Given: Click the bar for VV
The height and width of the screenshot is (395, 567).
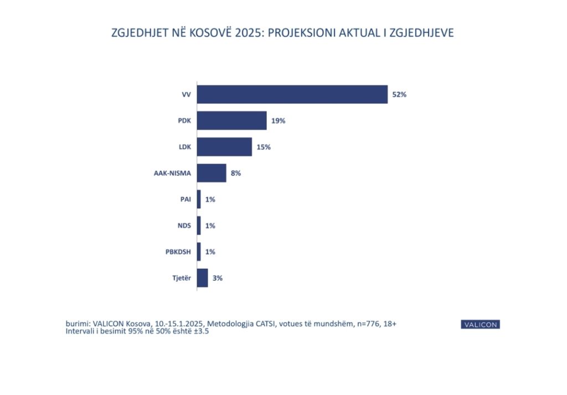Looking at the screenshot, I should (292, 94).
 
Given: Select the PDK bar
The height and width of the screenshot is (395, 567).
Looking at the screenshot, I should (231, 120).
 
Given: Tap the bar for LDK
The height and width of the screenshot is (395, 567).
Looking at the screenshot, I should (224, 147).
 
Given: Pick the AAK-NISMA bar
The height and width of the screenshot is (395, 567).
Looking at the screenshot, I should (212, 173).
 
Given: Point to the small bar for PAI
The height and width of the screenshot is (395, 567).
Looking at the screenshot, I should (199, 199).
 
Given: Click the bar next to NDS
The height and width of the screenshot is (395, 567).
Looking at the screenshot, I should (199, 225).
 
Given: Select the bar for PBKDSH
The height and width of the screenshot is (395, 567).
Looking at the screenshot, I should (199, 252).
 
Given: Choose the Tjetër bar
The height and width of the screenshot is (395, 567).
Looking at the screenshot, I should (202, 278).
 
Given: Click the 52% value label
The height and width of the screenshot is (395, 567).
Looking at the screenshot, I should (399, 95).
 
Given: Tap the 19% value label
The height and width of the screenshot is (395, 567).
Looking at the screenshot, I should (279, 121).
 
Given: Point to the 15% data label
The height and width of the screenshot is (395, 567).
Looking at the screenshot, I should (264, 147).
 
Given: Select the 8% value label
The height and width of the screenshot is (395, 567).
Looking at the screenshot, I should (236, 173).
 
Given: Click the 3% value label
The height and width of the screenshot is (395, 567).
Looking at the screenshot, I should (218, 278).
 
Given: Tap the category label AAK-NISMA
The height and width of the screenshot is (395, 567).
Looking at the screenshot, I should (172, 173).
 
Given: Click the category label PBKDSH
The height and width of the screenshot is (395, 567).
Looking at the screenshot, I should (178, 252).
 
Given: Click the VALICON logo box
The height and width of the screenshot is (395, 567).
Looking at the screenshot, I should (480, 325).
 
